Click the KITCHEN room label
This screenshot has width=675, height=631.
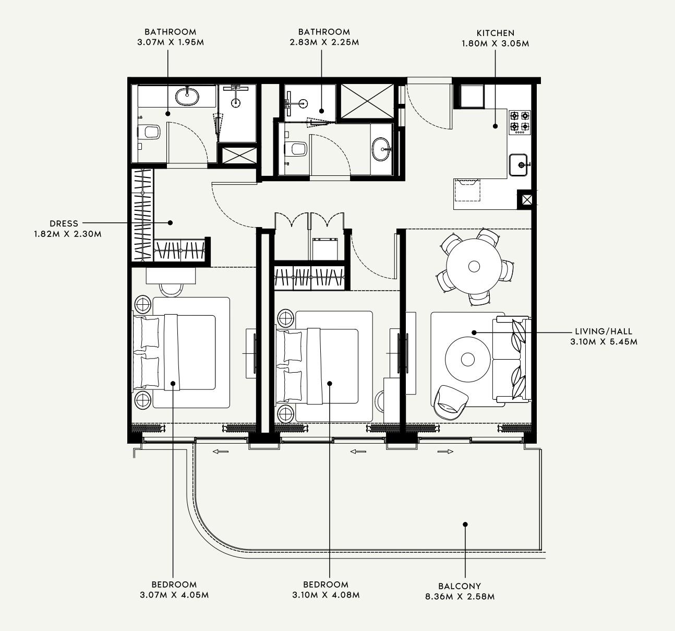tap(495, 33)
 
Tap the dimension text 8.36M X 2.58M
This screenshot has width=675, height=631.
tap(460, 596)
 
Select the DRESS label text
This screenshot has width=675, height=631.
tap(64, 223)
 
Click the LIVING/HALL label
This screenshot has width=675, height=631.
tap(604, 331)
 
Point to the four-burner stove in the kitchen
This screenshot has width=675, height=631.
tap(520, 121)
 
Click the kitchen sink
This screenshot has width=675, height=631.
tap(519, 165)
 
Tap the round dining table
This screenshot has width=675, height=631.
tap(474, 267)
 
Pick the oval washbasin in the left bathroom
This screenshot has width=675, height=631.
tap(187, 96)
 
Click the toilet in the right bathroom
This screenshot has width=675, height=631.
tap(297, 149)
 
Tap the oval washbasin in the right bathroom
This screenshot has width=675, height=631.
tap(382, 149)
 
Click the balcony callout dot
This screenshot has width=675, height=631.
tap(465, 524)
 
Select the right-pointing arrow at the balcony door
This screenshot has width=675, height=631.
tap(445, 452)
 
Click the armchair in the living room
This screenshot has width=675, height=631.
tap(450, 401)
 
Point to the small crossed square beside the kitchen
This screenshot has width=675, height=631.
tap(526, 199)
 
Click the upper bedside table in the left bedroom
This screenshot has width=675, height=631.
tap(142, 303)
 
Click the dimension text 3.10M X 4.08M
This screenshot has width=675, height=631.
tap(326, 594)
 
